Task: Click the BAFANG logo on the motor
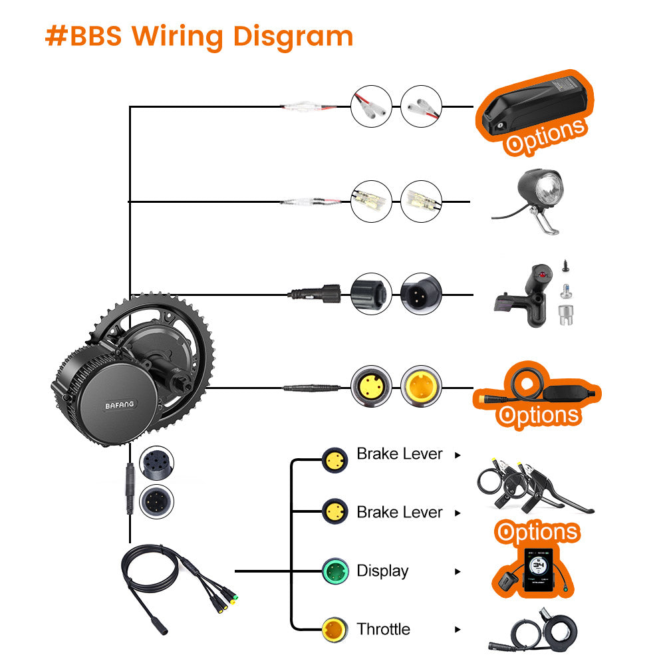pyautogui.click(x=119, y=404)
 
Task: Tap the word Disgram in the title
pyautogui.click(x=289, y=37)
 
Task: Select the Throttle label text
pyautogui.click(x=383, y=629)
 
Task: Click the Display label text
pyautogui.click(x=382, y=571)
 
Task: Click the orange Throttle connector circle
pyautogui.click(x=335, y=629)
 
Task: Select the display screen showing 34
pyautogui.click(x=537, y=569)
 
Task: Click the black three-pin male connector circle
pyautogui.click(x=421, y=293)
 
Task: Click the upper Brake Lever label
pyautogui.click(x=399, y=454)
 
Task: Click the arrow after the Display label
pyautogui.click(x=458, y=571)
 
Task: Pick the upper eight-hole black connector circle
pyautogui.click(x=158, y=464)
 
